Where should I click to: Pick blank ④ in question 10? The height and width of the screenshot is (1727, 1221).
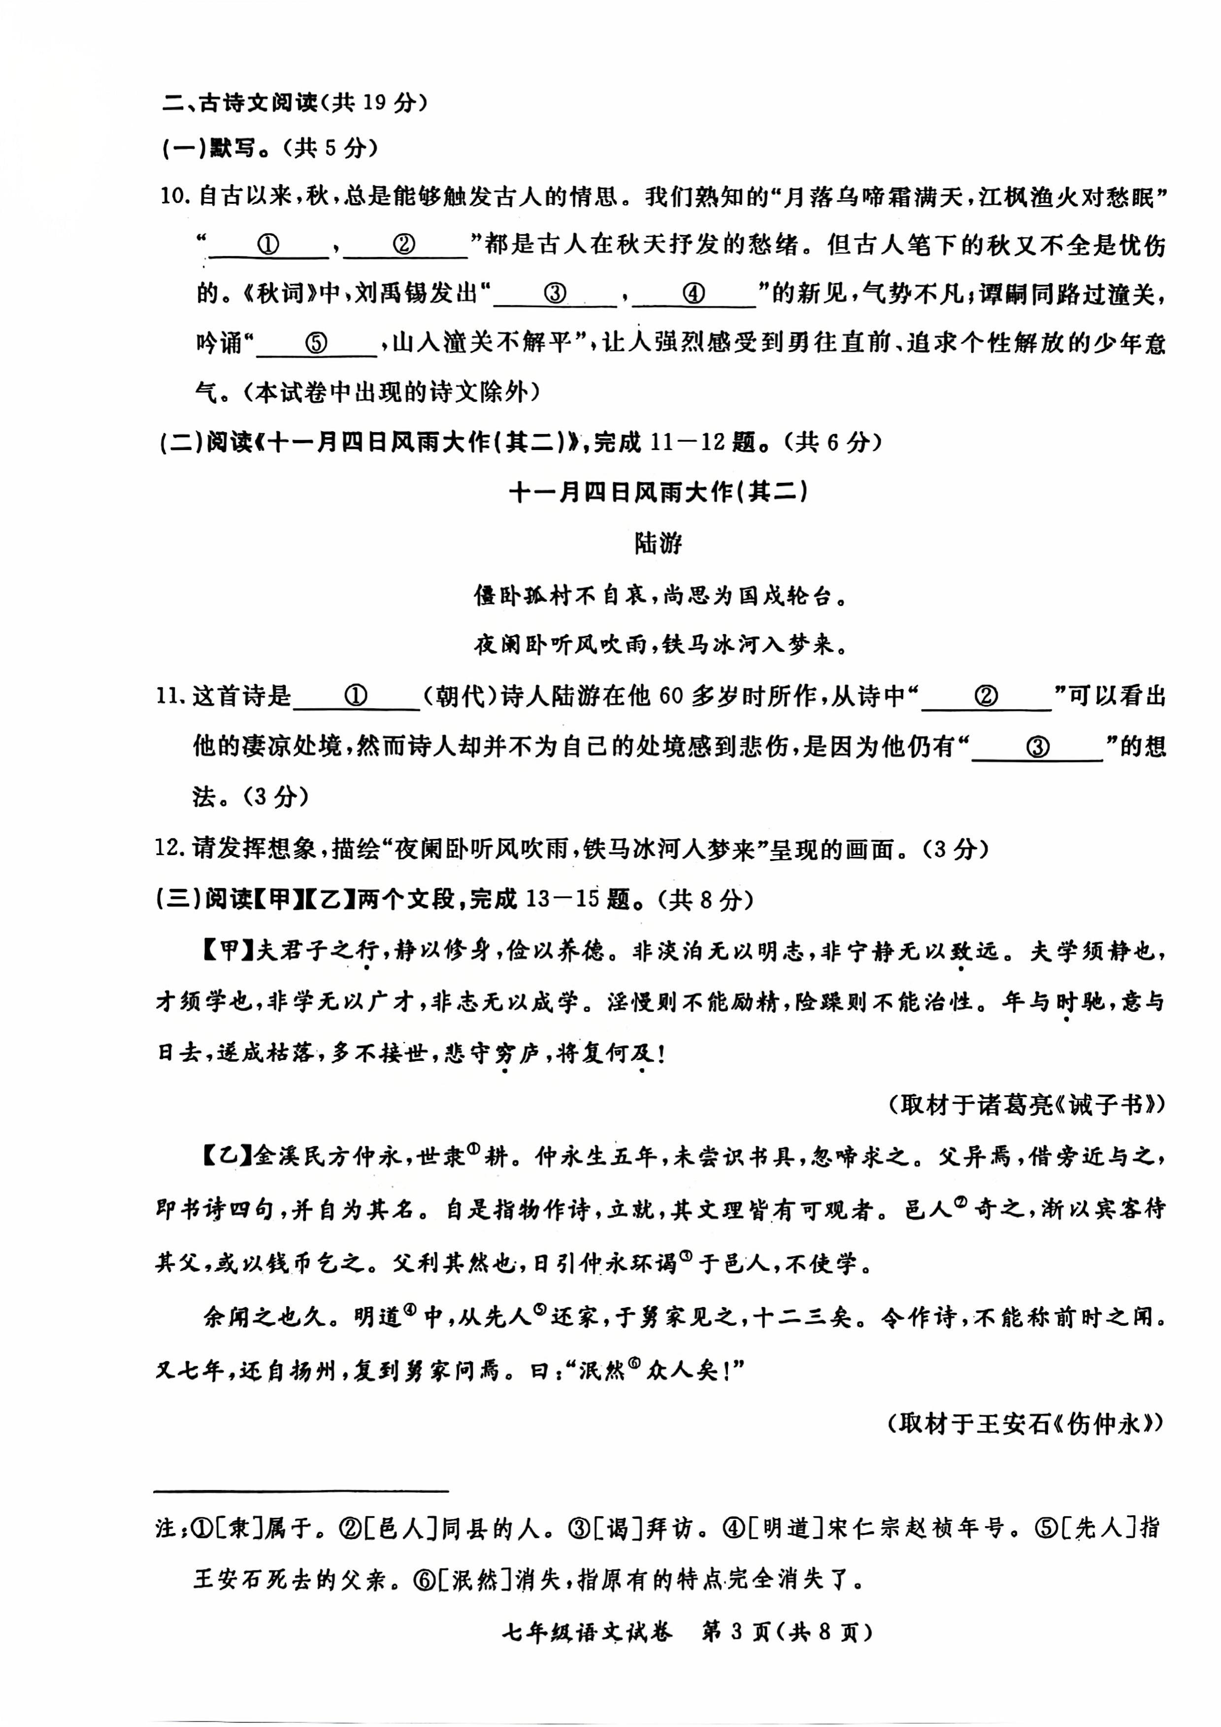coord(693,294)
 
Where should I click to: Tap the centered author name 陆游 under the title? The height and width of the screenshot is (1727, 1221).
coord(658,543)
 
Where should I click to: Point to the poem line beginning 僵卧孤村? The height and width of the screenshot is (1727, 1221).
coord(658,595)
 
